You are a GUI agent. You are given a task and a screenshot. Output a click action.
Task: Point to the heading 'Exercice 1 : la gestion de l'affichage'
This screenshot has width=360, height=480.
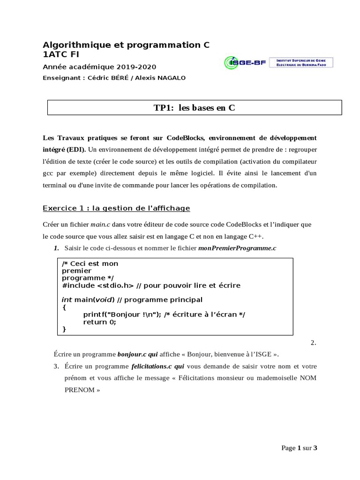[x=116, y=208]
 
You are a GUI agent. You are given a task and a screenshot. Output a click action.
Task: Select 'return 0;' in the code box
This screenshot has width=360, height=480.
[x=99, y=322]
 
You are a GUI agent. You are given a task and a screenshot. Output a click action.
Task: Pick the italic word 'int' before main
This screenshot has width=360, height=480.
[x=67, y=300]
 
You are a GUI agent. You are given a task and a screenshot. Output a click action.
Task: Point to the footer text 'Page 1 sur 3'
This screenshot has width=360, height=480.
[x=299, y=448]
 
